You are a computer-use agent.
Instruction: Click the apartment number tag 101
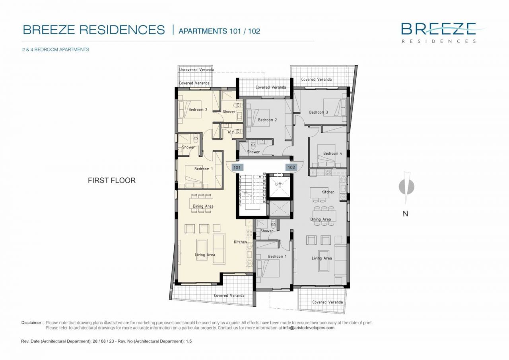pyautogui.click(x=237, y=167)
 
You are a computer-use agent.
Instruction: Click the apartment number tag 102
pyautogui.click(x=291, y=167)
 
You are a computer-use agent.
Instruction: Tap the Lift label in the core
pyautogui.click(x=278, y=184)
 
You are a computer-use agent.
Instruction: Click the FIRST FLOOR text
pyautogui.click(x=111, y=180)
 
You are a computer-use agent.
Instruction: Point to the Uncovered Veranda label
pyautogui.click(x=196, y=70)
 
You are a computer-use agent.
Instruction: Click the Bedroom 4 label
pyautogui.click(x=333, y=154)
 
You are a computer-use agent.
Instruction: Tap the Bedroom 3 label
pyautogui.click(x=319, y=112)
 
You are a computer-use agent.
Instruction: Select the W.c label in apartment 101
pyautogui.click(x=230, y=132)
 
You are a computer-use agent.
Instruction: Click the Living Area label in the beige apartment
pyautogui.click(x=205, y=255)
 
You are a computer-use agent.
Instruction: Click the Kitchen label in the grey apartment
pyautogui.click(x=328, y=192)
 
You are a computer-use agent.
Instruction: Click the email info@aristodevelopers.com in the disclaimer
pyautogui.click(x=309, y=328)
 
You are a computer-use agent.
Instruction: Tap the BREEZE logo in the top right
pyautogui.click(x=438, y=29)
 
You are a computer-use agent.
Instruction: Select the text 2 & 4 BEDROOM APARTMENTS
pyautogui.click(x=56, y=50)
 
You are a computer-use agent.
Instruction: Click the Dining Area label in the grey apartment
pyautogui.click(x=321, y=219)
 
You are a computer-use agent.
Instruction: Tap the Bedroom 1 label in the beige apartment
pyautogui.click(x=203, y=169)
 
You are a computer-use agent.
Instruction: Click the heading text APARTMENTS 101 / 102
pyautogui.click(x=219, y=31)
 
